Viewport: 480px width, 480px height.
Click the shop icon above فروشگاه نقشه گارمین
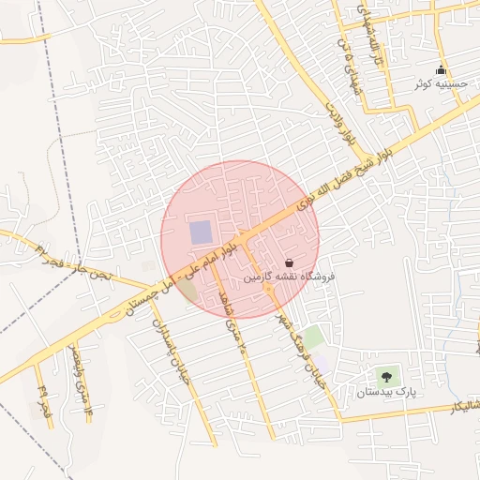click(289, 263)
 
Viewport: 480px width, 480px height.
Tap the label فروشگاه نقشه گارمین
click(289, 277)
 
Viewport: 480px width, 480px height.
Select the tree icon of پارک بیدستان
click(384, 377)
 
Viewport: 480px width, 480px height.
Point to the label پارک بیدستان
click(384, 391)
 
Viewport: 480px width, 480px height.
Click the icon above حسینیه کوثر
click(442, 70)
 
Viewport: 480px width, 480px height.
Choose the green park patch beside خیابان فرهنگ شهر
click(314, 336)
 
